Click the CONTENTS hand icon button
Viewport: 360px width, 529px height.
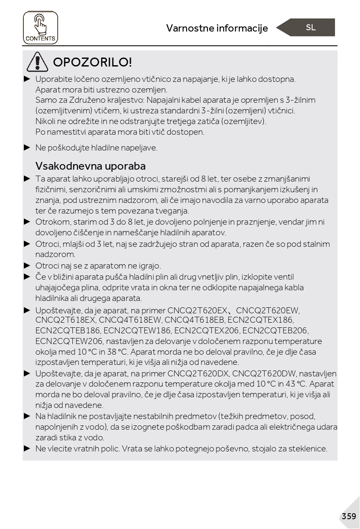pos(40,28)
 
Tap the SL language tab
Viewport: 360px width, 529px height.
pos(311,28)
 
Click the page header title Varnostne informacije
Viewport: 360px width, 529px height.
pos(217,28)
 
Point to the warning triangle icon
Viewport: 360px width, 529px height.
pos(37,62)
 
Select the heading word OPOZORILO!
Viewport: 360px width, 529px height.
pos(92,62)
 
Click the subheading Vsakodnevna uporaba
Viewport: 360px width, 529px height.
pos(90,166)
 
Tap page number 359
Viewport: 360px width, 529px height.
pos(348,516)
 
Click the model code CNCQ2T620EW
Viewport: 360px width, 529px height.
pos(268,310)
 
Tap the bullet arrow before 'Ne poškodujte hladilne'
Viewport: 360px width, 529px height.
pos(27,147)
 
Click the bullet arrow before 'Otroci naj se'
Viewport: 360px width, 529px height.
pos(27,266)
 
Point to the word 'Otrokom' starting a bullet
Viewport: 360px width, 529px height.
pos(49,222)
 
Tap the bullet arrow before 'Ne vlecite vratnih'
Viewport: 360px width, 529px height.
pos(27,448)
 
